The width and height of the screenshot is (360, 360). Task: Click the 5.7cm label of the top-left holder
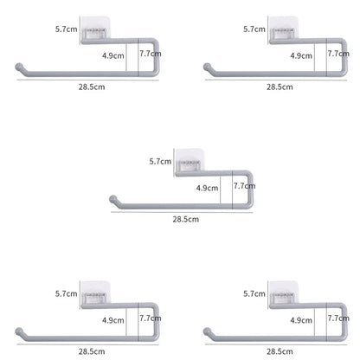coord(67,29)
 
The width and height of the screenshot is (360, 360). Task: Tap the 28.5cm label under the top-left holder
coord(92,87)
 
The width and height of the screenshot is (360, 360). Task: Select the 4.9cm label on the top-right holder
coord(301,55)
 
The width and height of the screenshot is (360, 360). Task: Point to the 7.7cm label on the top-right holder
coord(338,54)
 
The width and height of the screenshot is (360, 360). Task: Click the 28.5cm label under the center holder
coord(186,219)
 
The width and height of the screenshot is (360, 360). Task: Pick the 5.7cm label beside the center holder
coord(160,161)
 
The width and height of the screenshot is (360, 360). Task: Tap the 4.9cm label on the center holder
coord(207,188)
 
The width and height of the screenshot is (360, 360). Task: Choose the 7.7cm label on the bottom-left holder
coord(151,318)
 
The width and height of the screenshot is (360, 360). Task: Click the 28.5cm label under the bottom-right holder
coord(280,351)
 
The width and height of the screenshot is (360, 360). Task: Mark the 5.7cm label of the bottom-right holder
coord(254,293)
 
